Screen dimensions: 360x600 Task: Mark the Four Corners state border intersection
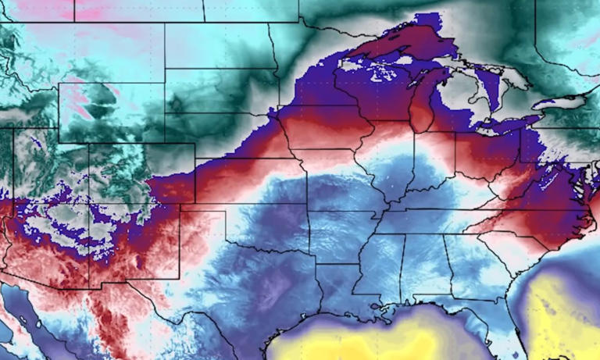coord(89,205)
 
